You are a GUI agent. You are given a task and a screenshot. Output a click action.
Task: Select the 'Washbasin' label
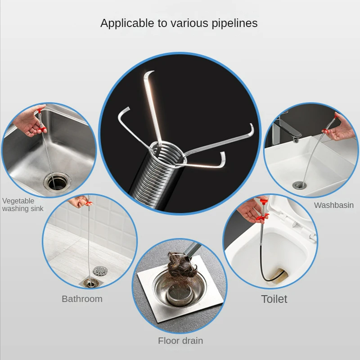pos(334,205)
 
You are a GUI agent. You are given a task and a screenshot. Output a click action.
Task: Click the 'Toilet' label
pos(274,299)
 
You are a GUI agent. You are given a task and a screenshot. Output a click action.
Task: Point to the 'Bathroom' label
pos(82,299)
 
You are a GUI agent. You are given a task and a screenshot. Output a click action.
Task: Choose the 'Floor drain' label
pos(180,341)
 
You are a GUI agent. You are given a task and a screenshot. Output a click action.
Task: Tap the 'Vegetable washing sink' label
pos(22,205)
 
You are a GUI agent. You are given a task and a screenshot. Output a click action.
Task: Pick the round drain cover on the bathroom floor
pos(100,270)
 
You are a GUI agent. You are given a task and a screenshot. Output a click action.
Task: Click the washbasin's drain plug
pos(297,184)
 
